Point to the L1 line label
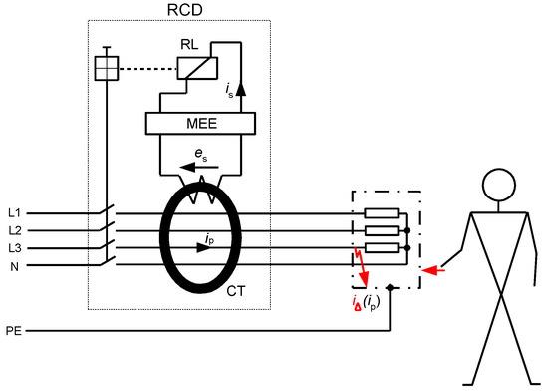tap(14, 212)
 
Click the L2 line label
tap(14, 230)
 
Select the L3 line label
tap(14, 248)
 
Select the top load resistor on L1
tap(382, 212)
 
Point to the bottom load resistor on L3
tap(382, 248)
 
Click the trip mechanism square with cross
tap(106, 68)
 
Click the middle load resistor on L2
tap(382, 230)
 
